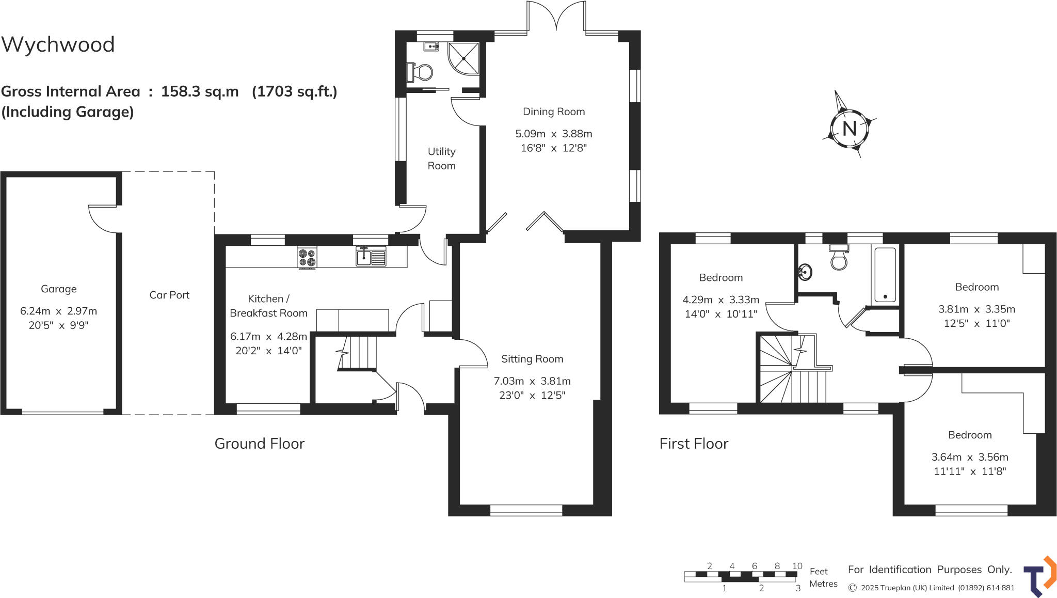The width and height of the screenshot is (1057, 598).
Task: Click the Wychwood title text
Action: click(x=58, y=45)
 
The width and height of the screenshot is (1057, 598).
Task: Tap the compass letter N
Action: click(x=850, y=129)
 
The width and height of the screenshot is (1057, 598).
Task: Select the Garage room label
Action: click(x=59, y=289)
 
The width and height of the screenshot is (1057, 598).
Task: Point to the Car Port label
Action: click(x=169, y=295)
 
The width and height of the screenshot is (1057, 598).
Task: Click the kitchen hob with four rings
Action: click(x=307, y=257)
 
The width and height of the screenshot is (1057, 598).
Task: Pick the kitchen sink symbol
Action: click(x=371, y=256)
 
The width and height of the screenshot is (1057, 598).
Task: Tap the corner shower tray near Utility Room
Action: click(x=463, y=58)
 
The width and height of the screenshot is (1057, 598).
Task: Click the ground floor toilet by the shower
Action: click(x=422, y=72)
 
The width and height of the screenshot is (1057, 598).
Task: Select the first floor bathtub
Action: click(x=885, y=276)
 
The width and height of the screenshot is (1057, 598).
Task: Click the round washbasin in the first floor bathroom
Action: click(x=805, y=272)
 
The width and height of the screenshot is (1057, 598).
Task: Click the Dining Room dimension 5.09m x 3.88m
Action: click(x=554, y=134)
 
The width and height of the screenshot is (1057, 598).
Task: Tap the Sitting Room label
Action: click(x=532, y=359)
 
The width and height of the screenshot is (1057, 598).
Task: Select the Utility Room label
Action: click(x=441, y=159)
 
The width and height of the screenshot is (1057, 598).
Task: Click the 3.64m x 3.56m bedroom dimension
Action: click(x=969, y=457)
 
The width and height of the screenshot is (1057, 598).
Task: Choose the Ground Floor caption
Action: click(x=259, y=444)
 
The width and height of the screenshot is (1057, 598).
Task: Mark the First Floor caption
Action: click(x=694, y=444)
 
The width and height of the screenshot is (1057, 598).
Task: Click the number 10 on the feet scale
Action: click(x=797, y=566)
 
